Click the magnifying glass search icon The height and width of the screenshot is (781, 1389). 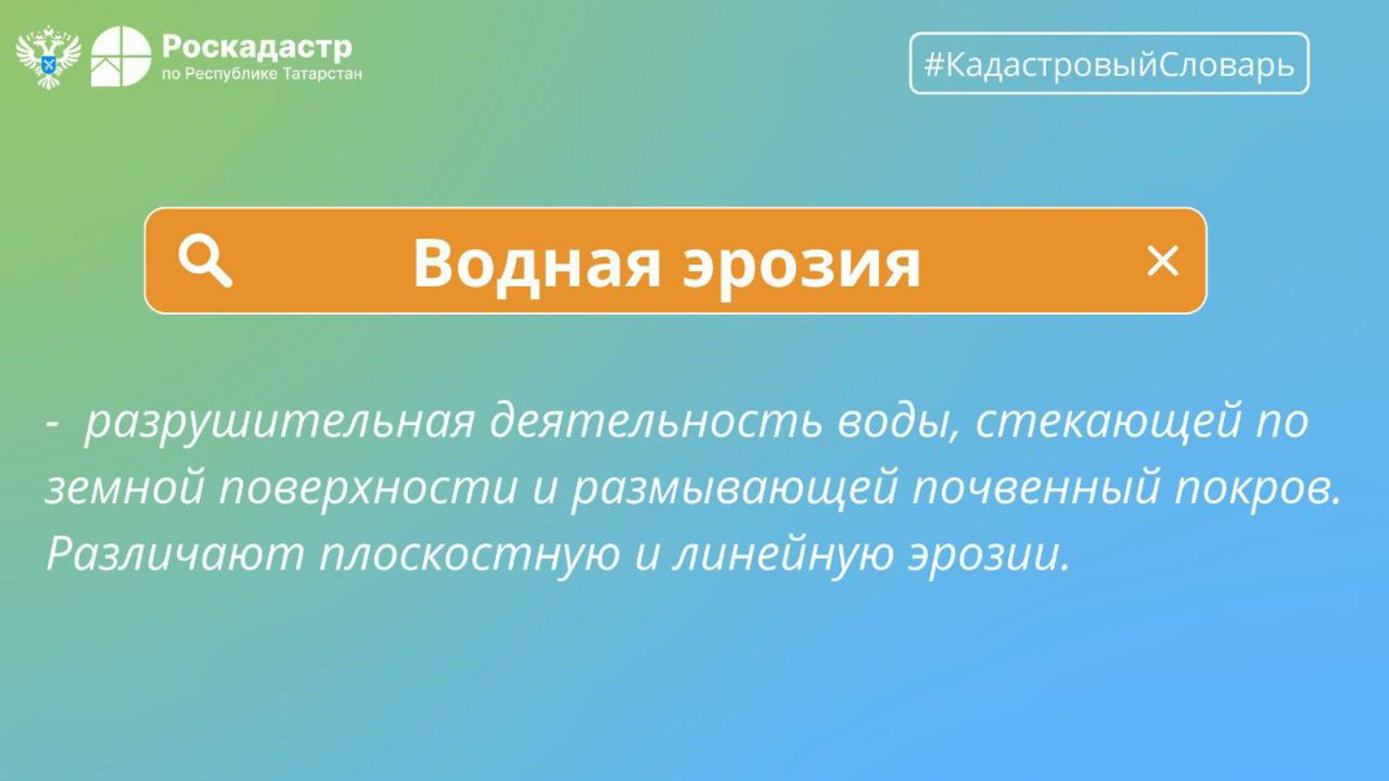(205, 261)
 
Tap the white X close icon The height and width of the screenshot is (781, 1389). (1162, 261)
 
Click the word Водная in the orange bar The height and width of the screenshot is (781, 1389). (537, 264)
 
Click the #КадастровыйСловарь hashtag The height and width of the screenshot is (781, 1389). (1109, 64)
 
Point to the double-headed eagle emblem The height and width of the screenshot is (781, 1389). (49, 57)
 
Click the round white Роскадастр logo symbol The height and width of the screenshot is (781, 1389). (121, 56)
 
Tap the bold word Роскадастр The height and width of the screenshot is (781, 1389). (257, 47)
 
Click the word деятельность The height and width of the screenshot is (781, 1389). (656, 421)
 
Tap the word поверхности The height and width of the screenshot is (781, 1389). (368, 489)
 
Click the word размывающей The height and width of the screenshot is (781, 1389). (734, 489)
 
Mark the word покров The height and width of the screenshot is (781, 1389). (1258, 489)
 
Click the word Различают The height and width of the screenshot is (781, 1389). (175, 553)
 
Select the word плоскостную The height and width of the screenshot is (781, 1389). (470, 555)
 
